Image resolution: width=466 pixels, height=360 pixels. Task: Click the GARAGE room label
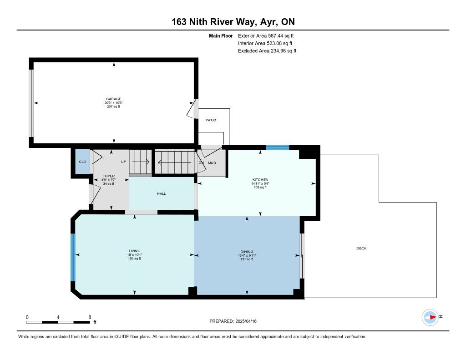click(x=113, y=99)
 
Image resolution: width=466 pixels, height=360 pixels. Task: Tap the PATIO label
click(x=211, y=120)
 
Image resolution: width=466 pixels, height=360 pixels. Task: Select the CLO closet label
click(x=83, y=162)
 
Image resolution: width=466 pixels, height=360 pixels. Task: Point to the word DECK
click(x=361, y=248)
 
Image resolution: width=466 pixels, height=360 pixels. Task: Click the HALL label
click(x=162, y=193)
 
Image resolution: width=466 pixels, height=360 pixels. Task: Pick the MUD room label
click(x=212, y=163)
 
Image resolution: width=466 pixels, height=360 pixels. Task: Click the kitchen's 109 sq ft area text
click(x=260, y=188)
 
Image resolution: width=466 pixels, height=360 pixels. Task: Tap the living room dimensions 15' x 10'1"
click(x=135, y=255)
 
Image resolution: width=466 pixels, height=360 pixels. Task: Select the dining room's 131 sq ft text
click(x=247, y=259)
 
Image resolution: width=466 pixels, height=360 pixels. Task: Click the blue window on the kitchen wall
click(x=277, y=147)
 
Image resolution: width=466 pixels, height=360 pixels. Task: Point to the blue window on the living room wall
click(x=73, y=258)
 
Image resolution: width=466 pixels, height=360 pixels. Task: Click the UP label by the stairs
click(x=124, y=162)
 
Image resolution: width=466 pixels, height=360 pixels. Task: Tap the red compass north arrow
click(x=433, y=317)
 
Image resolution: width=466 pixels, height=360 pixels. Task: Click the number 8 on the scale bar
click(x=90, y=317)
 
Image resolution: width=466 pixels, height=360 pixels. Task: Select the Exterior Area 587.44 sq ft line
click(x=266, y=35)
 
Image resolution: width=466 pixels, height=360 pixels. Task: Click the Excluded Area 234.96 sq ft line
click(x=267, y=51)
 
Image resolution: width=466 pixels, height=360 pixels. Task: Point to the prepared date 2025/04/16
click(x=246, y=321)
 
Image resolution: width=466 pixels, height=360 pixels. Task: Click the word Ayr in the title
click(x=268, y=22)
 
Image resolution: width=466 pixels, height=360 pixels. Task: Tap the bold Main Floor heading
click(x=221, y=35)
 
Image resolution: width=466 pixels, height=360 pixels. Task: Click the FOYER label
click(x=108, y=176)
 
